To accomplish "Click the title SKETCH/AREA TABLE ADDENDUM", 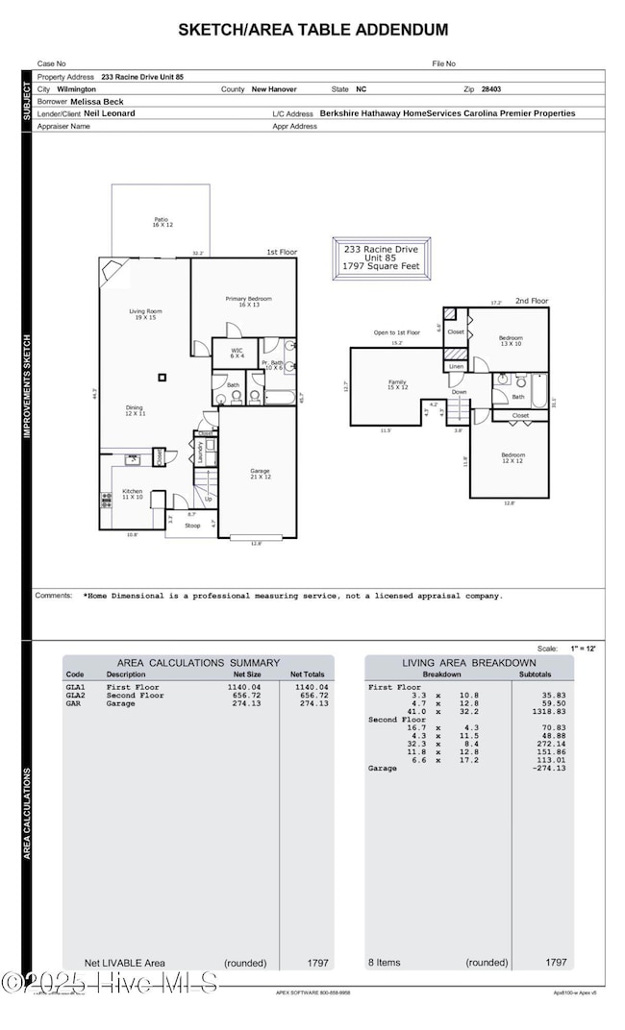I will tap(312, 30).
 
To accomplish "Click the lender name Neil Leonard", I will tap(109, 113).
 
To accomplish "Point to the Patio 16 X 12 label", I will tap(161, 222).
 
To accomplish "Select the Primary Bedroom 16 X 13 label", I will tap(243, 302).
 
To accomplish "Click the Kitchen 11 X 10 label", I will tap(132, 494).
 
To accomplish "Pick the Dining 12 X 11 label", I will tap(135, 410).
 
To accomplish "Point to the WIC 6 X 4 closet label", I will tap(237, 354).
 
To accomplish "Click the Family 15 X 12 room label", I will tap(398, 384).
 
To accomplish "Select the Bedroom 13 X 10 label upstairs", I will tap(511, 341).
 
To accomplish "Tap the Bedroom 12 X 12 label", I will tap(512, 457).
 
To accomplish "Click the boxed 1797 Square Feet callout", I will tap(382, 257).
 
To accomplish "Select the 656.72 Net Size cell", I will tap(242, 696).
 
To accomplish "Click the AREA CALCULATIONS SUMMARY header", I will tap(198, 663).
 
